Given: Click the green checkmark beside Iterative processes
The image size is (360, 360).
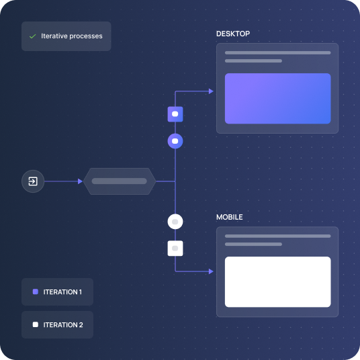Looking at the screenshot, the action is pos(33,36).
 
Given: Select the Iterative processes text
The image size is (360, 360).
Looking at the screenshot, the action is pos(72,36).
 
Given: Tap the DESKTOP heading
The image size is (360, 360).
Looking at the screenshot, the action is pos(233,34).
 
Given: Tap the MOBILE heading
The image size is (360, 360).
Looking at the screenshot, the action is pos(229,217).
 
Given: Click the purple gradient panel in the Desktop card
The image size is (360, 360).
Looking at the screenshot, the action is pos(277,99).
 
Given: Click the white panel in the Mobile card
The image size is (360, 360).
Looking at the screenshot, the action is pos(277,281).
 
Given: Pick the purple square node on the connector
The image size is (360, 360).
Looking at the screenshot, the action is pos(175,114).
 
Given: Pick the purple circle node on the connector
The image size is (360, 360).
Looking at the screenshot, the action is pos(175,141).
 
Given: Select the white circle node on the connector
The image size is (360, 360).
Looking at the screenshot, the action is pos(175,222).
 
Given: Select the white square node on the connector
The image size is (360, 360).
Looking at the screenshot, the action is pos(175,249).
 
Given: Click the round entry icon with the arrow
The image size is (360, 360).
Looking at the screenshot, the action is pos(33,181).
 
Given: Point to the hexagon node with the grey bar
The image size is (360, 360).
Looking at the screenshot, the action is pos(120,181).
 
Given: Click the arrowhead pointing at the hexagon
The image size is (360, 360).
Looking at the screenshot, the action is pos(80,181).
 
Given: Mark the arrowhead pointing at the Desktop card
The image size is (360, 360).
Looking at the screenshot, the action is pos(211,91).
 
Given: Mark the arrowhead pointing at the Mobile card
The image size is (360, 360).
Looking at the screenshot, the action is pos(211,271).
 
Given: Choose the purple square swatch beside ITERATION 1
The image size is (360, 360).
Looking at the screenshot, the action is pos(36,291).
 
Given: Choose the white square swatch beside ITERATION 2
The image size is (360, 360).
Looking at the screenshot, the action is pos(36,324).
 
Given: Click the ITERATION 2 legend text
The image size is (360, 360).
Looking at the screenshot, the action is pos(63,325).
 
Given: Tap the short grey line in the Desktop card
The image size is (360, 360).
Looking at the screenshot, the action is pos(253,61).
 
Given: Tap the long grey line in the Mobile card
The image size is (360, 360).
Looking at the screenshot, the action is pos(277,236).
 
